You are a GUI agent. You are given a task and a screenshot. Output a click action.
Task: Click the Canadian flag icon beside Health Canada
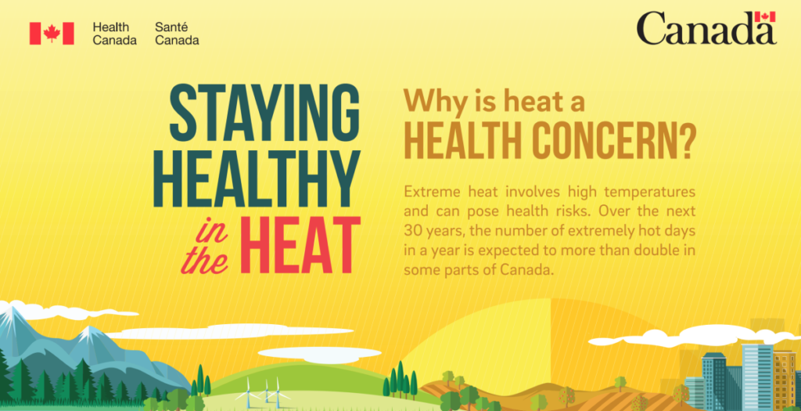(x=52, y=33)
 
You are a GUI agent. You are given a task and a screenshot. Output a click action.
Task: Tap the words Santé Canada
(x=177, y=34)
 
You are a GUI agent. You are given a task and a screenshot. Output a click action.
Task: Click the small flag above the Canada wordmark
(x=765, y=16)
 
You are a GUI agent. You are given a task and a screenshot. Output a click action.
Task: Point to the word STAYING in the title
(x=264, y=113)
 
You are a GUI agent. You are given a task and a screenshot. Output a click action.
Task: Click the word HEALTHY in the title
(x=257, y=179)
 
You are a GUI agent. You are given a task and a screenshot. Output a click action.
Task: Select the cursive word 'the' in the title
(x=204, y=261)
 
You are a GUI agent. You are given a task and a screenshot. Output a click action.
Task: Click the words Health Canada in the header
(x=114, y=34)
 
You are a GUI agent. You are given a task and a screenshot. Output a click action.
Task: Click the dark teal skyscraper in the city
(x=714, y=380)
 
